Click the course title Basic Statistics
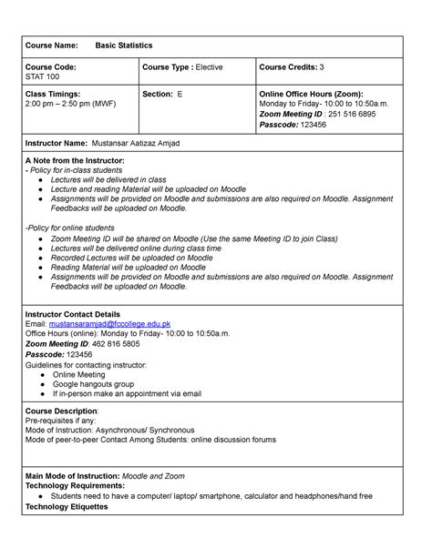tap(127, 45)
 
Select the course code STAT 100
tap(41, 77)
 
